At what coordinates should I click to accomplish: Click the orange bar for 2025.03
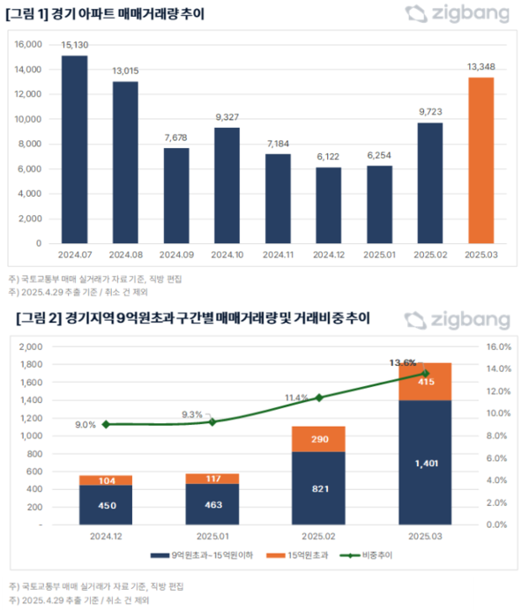click(481, 160)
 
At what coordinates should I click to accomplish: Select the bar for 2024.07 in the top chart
click(74, 149)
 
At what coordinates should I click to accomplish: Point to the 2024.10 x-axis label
click(227, 254)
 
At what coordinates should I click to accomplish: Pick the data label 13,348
click(481, 67)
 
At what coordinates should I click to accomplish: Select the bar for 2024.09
click(176, 195)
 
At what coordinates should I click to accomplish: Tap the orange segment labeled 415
click(427, 382)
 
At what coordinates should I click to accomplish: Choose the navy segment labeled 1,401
click(427, 462)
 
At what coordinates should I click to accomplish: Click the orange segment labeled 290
click(318, 438)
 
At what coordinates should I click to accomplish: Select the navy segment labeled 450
click(106, 504)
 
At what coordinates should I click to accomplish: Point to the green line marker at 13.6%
click(427, 373)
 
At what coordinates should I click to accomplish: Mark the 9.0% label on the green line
click(85, 425)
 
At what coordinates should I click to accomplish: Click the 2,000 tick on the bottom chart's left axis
click(30, 346)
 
